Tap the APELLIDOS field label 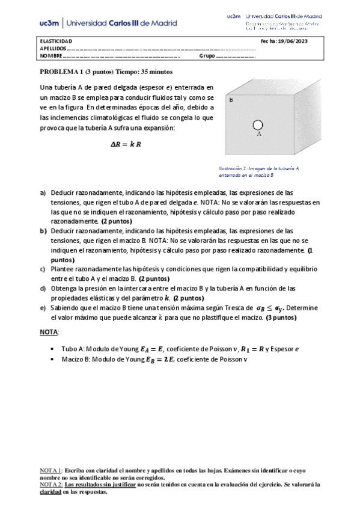coord(52,48)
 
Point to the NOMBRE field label coord(50,56)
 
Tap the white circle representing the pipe coord(258,124)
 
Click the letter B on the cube coord(231,100)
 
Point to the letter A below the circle coord(258,134)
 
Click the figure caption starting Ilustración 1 coord(259,172)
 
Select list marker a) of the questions coord(43,192)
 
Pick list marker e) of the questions coord(43,307)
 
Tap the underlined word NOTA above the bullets coord(49,331)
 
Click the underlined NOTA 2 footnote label coord(50,484)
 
